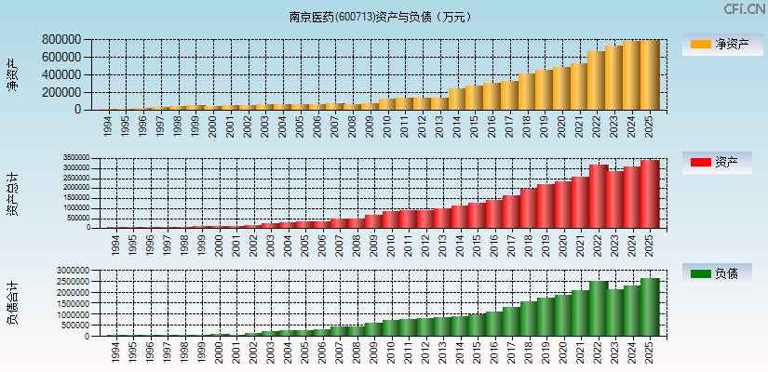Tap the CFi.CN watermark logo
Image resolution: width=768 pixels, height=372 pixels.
click(744, 9)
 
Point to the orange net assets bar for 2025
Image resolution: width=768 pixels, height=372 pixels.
click(649, 75)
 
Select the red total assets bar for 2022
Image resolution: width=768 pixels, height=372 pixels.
click(598, 197)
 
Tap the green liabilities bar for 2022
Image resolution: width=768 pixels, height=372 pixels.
click(598, 309)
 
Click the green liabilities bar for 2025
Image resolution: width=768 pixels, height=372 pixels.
click(649, 307)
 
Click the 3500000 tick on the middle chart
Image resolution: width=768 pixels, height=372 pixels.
click(76, 158)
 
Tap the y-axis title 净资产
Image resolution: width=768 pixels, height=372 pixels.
click(12, 74)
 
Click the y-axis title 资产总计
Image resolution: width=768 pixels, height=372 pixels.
click(12, 193)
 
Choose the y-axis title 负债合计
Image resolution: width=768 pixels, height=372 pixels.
click(12, 303)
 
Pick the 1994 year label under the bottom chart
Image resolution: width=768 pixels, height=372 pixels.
click(115, 352)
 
